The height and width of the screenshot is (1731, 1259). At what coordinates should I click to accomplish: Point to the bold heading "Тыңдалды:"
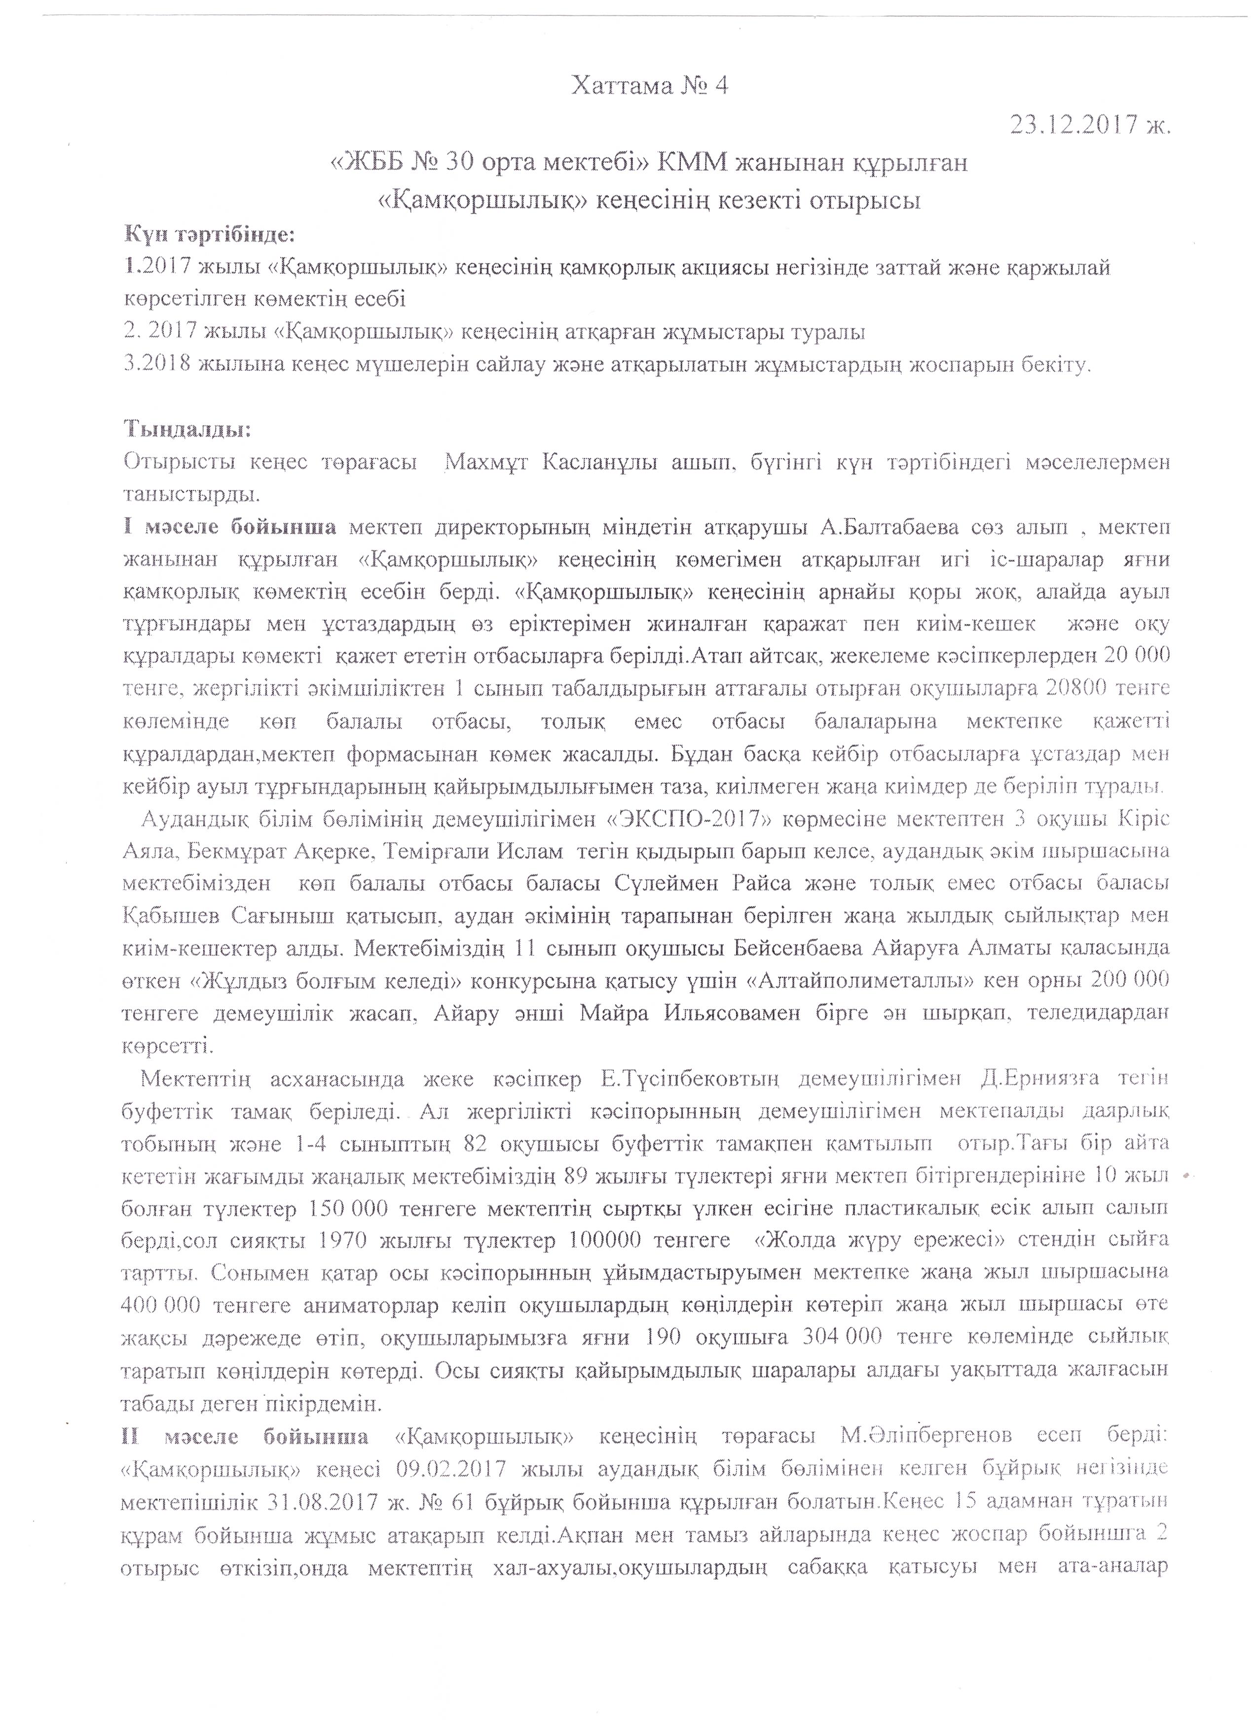point(187,429)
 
